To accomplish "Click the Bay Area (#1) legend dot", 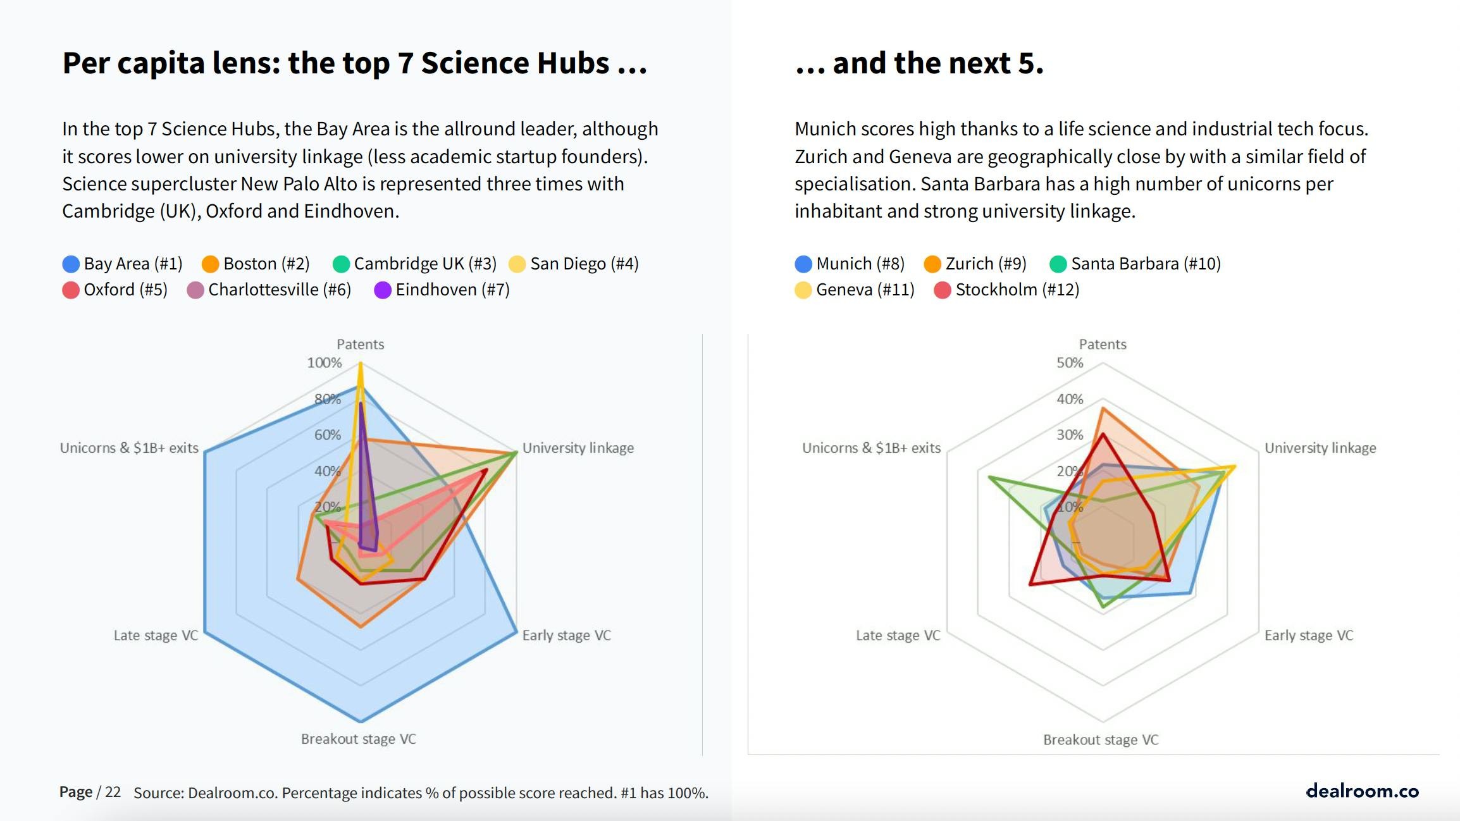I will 71,264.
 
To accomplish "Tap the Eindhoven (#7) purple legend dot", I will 382,290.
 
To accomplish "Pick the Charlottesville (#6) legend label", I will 279,290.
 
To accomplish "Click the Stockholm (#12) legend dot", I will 942,290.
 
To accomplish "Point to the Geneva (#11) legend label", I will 865,290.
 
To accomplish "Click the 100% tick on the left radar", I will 324,363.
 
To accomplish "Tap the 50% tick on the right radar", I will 1070,363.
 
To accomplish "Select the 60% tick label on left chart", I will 327,435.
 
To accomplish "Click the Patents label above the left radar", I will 360,344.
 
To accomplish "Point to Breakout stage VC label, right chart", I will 1101,739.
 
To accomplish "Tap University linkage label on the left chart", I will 578,448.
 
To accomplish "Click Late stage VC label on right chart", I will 898,635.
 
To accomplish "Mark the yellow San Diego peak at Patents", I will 360,364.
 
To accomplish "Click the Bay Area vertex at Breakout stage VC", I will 361,721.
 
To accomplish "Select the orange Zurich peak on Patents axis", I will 1103,409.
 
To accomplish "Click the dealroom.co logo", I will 1362,791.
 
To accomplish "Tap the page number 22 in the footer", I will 113,792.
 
